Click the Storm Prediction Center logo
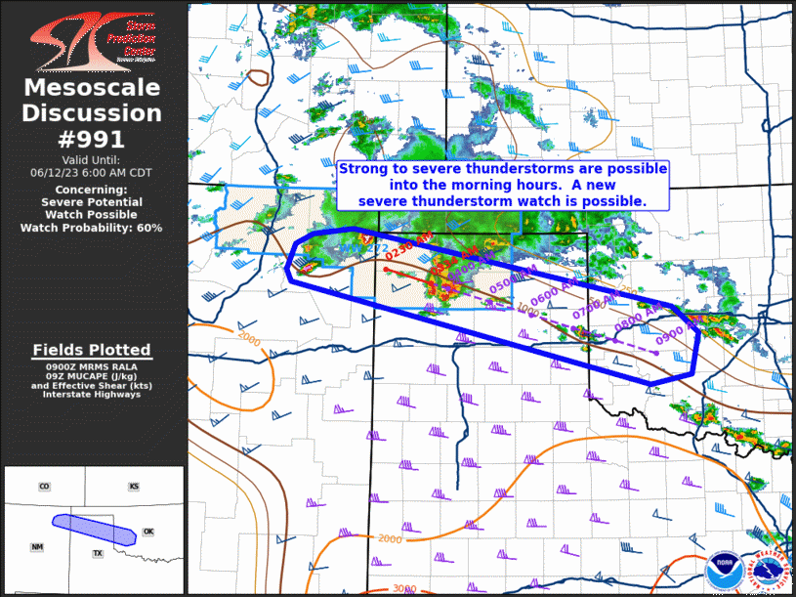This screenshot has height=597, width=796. point(93,38)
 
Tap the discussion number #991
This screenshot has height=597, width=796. point(93,139)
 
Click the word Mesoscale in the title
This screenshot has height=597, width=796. point(93,89)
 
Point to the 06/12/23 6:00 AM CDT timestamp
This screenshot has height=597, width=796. point(93,172)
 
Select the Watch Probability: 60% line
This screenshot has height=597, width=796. point(93,228)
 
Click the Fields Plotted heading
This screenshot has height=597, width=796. point(93,350)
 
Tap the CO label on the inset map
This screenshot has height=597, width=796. point(44,487)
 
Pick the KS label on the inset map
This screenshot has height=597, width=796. point(134,487)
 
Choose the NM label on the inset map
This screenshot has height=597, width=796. point(37,547)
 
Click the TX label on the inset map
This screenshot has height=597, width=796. point(98,554)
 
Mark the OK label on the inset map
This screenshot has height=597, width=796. point(148,533)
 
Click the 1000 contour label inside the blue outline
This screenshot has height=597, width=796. point(527,311)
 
